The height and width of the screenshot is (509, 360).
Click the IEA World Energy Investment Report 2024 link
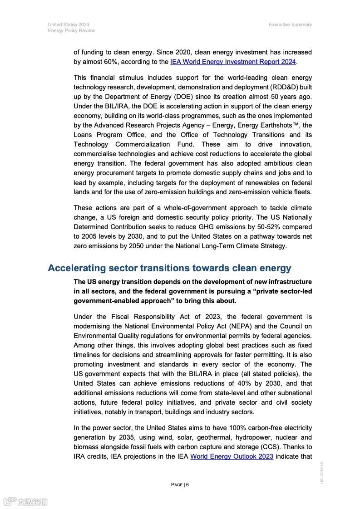click(233, 62)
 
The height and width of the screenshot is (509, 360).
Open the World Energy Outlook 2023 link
click(232, 456)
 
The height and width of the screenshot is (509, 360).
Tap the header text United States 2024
click(69, 24)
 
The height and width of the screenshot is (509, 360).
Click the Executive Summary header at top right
click(290, 24)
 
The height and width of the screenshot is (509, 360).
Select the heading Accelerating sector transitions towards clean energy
click(169, 268)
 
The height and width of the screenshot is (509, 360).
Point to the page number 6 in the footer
click(187, 485)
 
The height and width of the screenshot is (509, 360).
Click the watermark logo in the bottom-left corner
click(25, 502)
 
